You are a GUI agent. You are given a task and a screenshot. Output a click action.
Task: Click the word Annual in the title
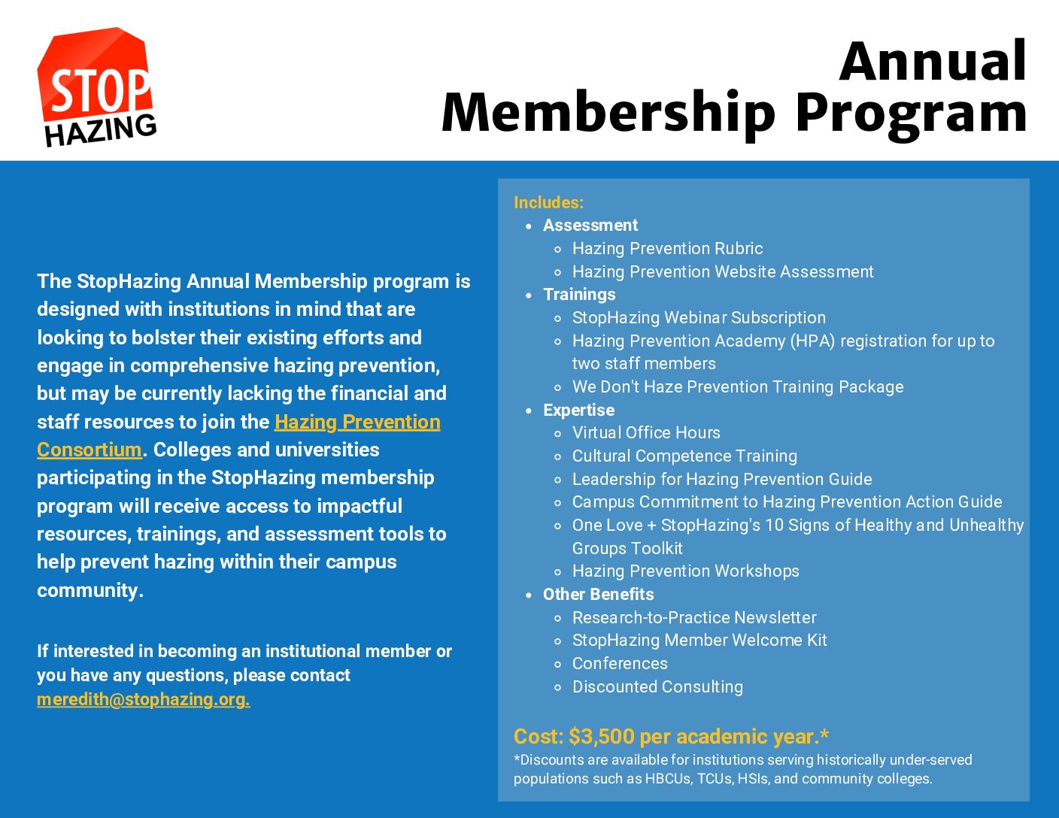click(933, 62)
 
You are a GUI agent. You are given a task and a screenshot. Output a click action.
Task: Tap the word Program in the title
click(911, 114)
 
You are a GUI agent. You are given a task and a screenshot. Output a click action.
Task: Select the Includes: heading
click(549, 202)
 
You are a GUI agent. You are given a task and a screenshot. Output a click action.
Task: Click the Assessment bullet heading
click(590, 225)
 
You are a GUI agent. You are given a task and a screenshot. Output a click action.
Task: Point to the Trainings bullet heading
click(579, 294)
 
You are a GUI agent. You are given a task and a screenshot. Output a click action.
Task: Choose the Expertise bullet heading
click(578, 411)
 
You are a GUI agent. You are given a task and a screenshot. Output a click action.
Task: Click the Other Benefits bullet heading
click(599, 594)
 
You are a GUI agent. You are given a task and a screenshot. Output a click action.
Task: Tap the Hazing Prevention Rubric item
click(667, 248)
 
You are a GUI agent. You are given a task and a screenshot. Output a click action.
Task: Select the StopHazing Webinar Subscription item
click(699, 317)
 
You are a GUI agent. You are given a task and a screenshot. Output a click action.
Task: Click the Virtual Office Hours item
click(646, 432)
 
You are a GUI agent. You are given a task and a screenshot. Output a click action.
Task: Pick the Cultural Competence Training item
click(684, 456)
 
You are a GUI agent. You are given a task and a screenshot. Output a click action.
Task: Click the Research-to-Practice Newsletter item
click(694, 617)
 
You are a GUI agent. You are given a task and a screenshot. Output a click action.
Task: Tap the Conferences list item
click(620, 663)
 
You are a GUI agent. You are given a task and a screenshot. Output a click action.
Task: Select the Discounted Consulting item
click(657, 686)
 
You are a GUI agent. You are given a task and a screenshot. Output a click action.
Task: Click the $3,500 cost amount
click(601, 737)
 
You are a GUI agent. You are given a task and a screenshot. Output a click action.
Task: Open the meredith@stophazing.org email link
click(143, 700)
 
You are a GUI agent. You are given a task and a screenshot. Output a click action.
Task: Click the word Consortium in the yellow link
click(90, 450)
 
